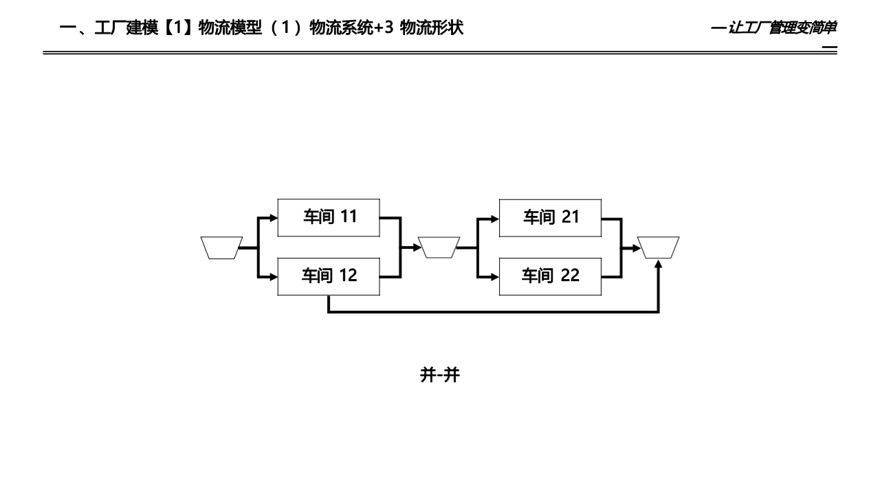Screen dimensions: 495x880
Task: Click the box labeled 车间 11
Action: pos(329,217)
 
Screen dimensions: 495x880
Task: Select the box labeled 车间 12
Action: pos(329,276)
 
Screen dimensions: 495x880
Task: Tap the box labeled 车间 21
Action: pos(550,217)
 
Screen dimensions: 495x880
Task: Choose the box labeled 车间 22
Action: pos(550,276)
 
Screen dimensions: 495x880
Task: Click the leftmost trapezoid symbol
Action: pos(221,247)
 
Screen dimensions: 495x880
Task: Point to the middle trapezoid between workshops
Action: pos(439,247)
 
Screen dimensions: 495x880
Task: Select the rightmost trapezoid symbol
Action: pos(658,247)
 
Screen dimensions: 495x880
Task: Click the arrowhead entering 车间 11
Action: pos(274,218)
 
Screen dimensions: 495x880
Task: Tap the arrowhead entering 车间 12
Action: pos(274,277)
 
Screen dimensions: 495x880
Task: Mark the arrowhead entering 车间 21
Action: pos(495,218)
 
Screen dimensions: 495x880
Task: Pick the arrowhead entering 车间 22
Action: pos(495,277)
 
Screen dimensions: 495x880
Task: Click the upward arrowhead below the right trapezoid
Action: pos(658,264)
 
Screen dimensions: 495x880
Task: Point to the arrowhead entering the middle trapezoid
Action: pos(417,247)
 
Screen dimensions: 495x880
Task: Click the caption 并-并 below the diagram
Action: pos(439,375)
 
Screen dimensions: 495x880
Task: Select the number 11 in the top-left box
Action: pos(349,217)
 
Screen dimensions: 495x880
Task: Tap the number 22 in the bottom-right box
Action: pos(570,276)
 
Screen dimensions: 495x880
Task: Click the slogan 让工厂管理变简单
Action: pos(782,28)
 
